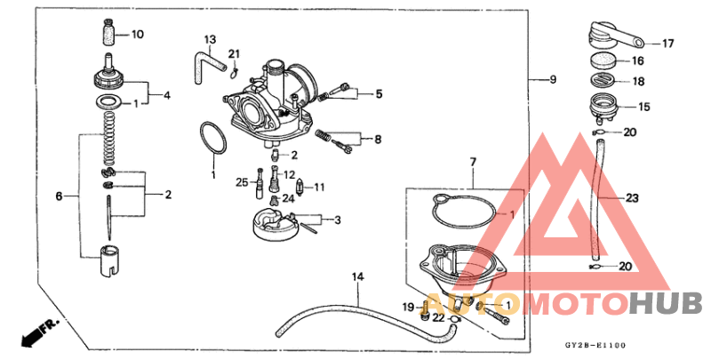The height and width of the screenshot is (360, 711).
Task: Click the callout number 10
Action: coord(137,35)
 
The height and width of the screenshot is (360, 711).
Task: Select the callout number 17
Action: coord(669,43)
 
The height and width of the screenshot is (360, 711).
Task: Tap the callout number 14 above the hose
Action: coord(357,277)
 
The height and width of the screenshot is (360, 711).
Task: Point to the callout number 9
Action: coord(552,80)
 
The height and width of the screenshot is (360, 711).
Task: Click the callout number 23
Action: coord(633,197)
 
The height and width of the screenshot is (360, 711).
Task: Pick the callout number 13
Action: coord(210,40)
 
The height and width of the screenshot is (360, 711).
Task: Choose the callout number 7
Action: coord(473,162)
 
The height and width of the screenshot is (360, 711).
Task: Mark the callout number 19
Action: coord(409,307)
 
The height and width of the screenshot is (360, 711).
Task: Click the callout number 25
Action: coord(242,182)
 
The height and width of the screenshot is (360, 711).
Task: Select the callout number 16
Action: coord(637,61)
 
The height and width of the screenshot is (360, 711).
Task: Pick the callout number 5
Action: coord(378,92)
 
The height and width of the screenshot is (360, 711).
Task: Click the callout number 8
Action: coord(378,139)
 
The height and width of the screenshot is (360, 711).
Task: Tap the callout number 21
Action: coord(235,54)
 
